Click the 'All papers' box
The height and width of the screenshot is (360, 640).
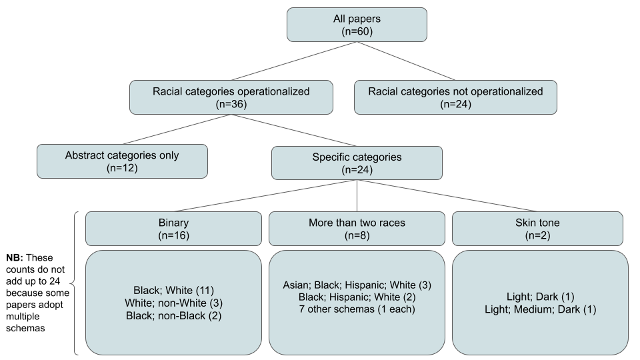point(357,23)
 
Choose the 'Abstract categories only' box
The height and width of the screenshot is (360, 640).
point(122,161)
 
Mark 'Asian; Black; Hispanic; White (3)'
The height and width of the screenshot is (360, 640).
point(357,285)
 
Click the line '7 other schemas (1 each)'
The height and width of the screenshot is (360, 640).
point(357,309)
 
